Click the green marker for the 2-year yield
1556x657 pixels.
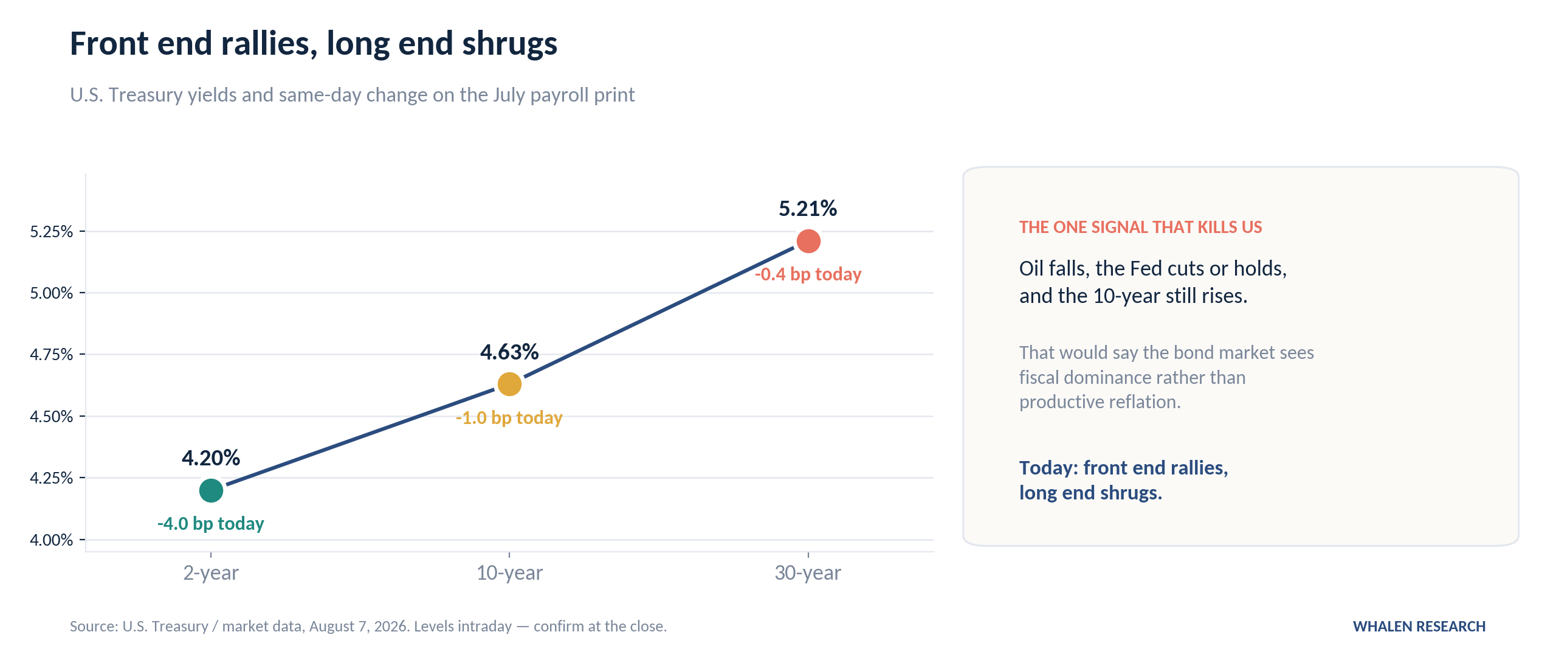coord(211,490)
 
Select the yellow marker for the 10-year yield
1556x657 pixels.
coord(509,384)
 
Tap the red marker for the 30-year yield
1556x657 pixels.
coord(808,242)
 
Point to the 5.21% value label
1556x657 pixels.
coord(808,209)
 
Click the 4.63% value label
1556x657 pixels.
coord(509,352)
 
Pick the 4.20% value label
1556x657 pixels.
coord(211,457)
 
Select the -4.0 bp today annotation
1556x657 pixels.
coord(211,524)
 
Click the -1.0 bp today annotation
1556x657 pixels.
coord(509,418)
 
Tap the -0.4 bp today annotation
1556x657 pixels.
coord(808,274)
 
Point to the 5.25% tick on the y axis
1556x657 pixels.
coord(51,232)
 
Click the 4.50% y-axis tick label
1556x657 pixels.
coord(51,417)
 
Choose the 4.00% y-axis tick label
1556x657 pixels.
coord(51,540)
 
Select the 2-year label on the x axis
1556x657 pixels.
coord(211,573)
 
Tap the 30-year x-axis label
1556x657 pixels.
coord(808,573)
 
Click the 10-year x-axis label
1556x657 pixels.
coord(509,573)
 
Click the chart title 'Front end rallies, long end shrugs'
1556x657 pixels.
coord(314,44)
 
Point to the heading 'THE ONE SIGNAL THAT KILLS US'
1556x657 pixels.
coord(1141,228)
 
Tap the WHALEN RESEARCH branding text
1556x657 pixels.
coord(1419,627)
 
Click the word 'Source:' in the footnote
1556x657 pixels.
coord(94,627)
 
